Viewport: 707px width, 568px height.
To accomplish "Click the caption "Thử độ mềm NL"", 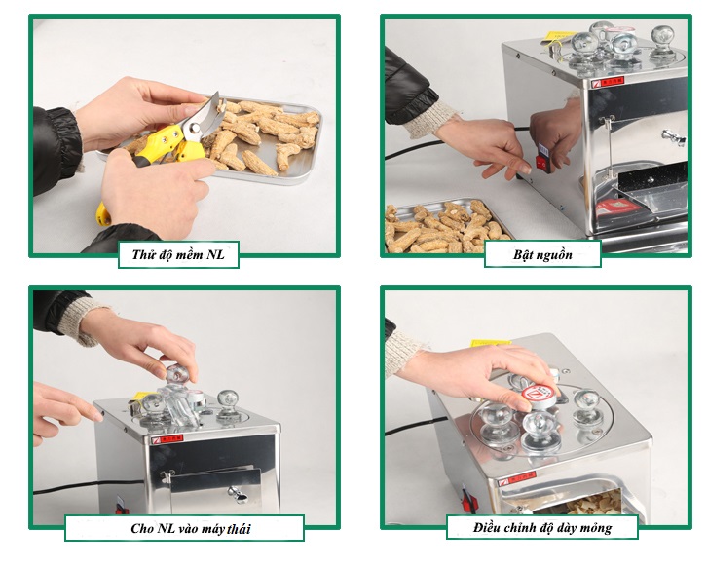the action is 178,255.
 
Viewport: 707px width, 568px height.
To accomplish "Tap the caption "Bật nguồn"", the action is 542,255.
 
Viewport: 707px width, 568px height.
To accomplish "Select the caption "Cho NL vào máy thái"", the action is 191,528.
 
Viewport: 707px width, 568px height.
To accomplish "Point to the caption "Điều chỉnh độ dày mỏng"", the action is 542,527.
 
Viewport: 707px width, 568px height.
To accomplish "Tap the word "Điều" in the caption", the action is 486,526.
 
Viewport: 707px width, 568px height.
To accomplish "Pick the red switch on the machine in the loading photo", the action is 121,508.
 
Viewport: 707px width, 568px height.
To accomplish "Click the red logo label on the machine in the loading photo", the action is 167,439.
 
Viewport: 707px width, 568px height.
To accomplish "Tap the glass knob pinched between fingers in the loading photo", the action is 177,373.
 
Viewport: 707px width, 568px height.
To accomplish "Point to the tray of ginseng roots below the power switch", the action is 446,226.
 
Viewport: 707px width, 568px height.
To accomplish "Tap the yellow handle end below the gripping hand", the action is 103,215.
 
